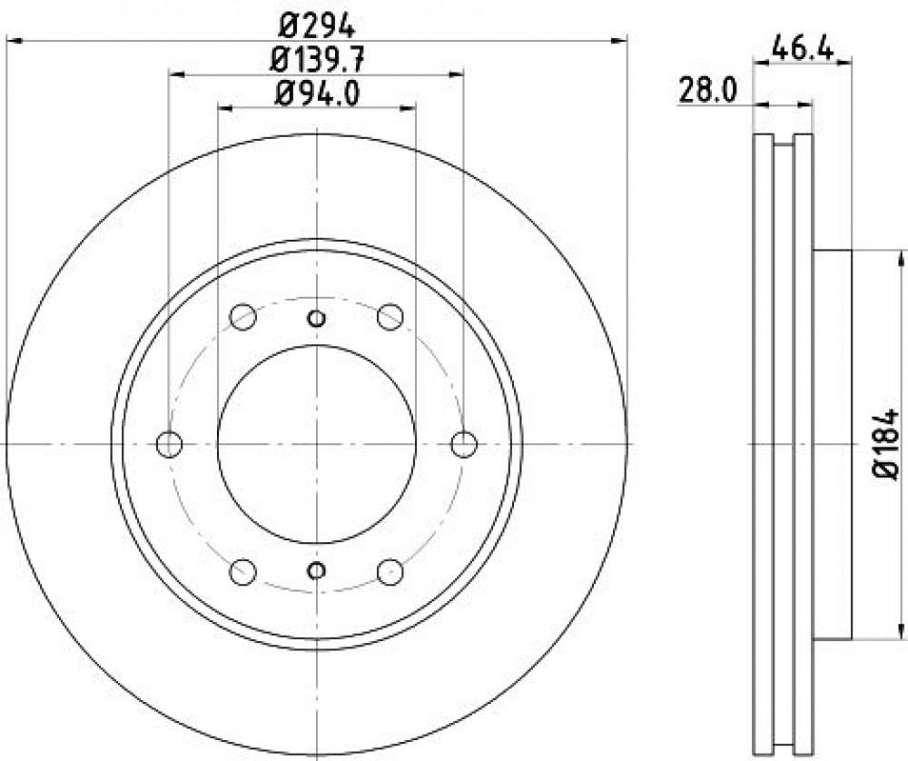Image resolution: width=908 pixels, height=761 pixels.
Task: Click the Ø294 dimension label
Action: [x=316, y=25]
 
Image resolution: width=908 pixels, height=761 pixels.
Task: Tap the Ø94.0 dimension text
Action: [x=316, y=94]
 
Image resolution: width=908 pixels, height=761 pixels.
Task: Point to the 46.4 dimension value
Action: [x=803, y=49]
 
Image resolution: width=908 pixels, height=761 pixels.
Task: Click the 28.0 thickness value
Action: [x=707, y=92]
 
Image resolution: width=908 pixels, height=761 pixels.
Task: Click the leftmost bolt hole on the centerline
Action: [x=169, y=445]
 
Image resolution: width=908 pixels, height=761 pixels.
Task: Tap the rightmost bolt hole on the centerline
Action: [x=464, y=445]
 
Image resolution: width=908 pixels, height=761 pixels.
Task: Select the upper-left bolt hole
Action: [x=242, y=317]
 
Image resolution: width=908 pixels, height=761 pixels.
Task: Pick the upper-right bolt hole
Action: [x=390, y=317]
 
